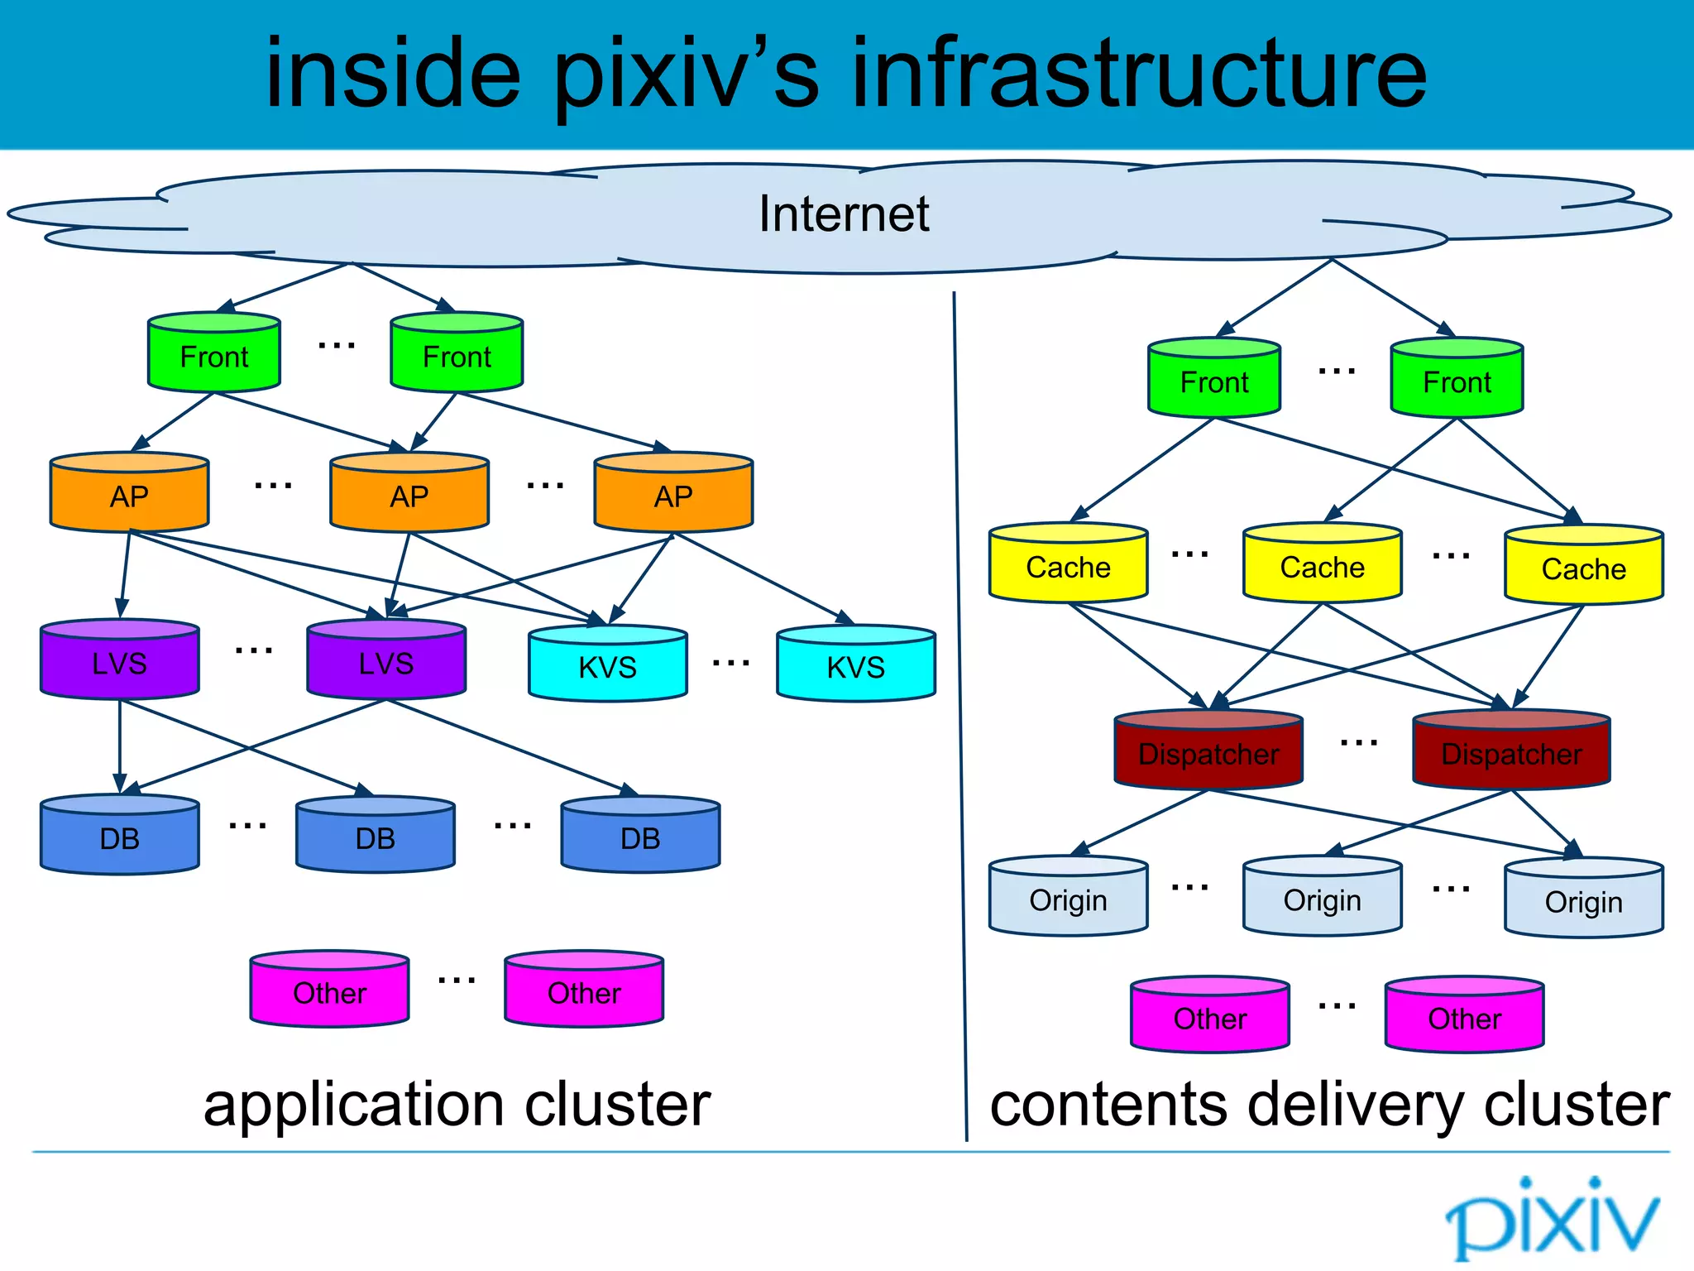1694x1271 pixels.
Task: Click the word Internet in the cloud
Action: [x=844, y=214]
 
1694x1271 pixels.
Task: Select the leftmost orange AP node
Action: [x=129, y=494]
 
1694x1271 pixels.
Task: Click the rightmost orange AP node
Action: [x=673, y=494]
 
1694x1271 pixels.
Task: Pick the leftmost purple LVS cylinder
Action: [x=120, y=661]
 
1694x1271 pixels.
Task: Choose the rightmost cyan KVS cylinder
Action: [x=856, y=665]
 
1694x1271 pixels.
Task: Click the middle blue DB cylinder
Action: [x=376, y=837]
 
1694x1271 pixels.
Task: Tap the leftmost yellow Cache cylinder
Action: [x=1068, y=565]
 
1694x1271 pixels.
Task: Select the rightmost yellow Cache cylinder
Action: [x=1583, y=567]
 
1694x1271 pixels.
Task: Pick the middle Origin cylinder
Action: [x=1322, y=898]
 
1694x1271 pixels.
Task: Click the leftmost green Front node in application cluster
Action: [x=214, y=354]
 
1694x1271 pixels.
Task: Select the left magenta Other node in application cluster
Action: [x=329, y=990]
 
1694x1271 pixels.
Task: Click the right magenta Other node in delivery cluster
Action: [x=1464, y=1016]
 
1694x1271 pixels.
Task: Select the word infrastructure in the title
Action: [x=1139, y=74]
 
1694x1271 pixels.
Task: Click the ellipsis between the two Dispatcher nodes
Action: [x=1358, y=744]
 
